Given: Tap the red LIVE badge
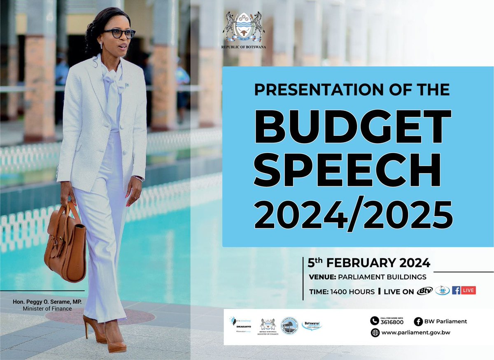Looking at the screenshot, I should tap(468, 290).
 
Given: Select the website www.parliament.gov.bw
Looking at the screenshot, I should tap(416, 333).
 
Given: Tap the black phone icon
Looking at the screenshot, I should tap(375, 321).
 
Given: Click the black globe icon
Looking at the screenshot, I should tap(375, 333).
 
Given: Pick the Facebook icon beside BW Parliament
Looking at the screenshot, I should tap(418, 321).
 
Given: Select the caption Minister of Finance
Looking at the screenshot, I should tap(47, 309).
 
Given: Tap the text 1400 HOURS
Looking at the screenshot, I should tap(352, 292).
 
